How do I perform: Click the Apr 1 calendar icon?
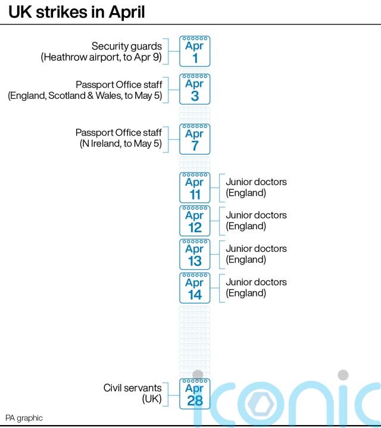click(x=195, y=51)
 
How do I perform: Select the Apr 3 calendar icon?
click(x=195, y=89)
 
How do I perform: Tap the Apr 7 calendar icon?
click(x=195, y=139)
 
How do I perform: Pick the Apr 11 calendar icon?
click(x=195, y=188)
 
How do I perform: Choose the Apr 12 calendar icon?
click(x=195, y=221)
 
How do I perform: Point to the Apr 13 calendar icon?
click(x=195, y=254)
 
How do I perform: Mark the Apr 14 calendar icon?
click(x=195, y=288)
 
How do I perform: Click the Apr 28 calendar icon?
click(x=195, y=394)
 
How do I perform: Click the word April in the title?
click(x=127, y=13)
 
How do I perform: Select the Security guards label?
click(x=127, y=46)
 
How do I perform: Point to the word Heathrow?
click(x=64, y=57)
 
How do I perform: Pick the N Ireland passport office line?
click(x=121, y=143)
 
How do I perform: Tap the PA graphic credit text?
click(x=24, y=418)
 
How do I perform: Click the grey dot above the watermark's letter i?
click(x=343, y=375)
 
